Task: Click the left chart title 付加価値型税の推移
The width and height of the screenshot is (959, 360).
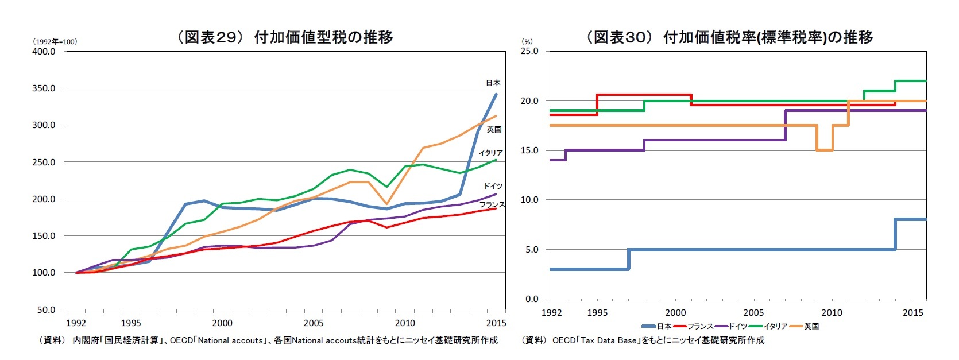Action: [285, 37]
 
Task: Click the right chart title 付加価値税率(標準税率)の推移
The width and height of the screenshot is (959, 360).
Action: [729, 37]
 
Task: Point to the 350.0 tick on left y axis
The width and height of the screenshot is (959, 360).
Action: [44, 88]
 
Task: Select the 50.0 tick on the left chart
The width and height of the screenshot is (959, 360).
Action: [46, 309]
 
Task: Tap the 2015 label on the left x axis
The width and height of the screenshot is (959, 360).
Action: [496, 323]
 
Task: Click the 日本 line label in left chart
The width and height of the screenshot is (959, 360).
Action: [493, 83]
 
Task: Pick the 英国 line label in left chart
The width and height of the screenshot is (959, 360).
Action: [494, 130]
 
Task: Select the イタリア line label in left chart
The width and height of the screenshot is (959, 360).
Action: [490, 153]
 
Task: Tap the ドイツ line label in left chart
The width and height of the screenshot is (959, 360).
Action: [493, 186]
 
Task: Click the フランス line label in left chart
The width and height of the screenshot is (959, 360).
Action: [492, 205]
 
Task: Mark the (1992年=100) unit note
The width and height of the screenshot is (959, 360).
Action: [55, 42]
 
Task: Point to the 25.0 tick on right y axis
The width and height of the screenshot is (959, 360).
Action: [529, 51]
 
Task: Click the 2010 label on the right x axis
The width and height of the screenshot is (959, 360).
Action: [832, 313]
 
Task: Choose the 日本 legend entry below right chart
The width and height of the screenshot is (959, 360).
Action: [657, 327]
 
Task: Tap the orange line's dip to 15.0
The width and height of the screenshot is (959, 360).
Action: [825, 150]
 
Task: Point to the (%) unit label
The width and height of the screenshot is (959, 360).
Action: [527, 42]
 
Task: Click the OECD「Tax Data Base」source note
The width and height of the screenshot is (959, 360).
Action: [643, 340]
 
